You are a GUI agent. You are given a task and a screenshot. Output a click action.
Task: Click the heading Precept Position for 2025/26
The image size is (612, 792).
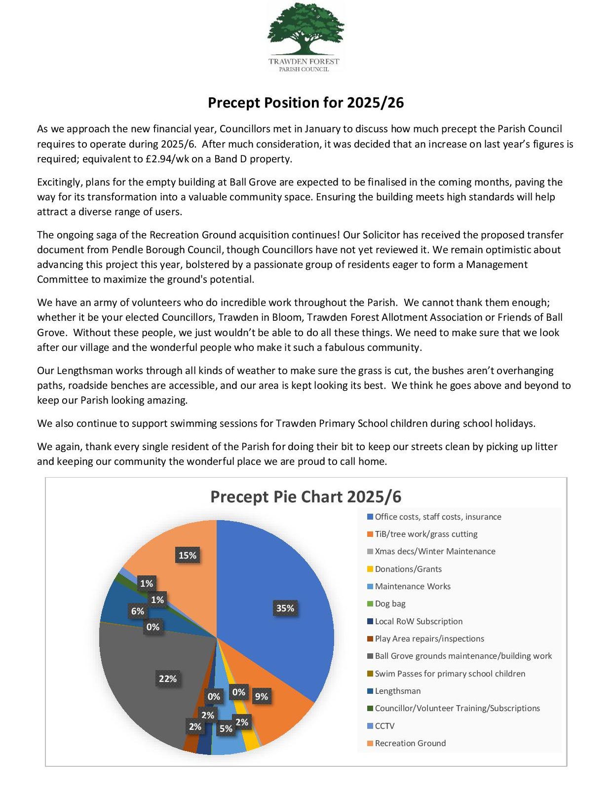306,103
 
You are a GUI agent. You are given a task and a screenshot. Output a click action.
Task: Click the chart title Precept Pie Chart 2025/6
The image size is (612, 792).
306,496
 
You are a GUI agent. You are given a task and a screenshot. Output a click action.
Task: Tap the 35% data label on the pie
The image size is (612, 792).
285,608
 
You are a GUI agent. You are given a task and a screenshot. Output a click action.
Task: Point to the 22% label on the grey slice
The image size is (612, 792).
167,679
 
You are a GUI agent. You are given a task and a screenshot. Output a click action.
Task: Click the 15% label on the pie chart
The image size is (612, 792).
187,555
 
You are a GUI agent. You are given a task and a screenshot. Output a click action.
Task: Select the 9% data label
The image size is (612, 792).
261,696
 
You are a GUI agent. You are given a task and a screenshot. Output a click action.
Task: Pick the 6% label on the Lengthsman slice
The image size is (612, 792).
137,611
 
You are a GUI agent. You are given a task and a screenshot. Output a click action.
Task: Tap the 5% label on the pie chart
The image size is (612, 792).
226,728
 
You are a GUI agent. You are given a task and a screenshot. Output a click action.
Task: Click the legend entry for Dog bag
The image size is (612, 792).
389,603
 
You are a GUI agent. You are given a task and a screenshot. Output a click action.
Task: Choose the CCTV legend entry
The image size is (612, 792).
384,726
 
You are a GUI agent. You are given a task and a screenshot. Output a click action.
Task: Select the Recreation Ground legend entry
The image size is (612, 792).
410,743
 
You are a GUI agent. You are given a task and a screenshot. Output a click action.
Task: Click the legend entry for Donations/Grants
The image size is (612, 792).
408,569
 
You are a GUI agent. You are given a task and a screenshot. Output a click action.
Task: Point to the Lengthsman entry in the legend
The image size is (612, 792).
397,691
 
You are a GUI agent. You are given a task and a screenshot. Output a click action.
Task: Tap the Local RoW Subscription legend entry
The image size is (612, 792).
418,621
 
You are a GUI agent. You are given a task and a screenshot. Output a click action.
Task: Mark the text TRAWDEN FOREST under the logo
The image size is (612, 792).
304,62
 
